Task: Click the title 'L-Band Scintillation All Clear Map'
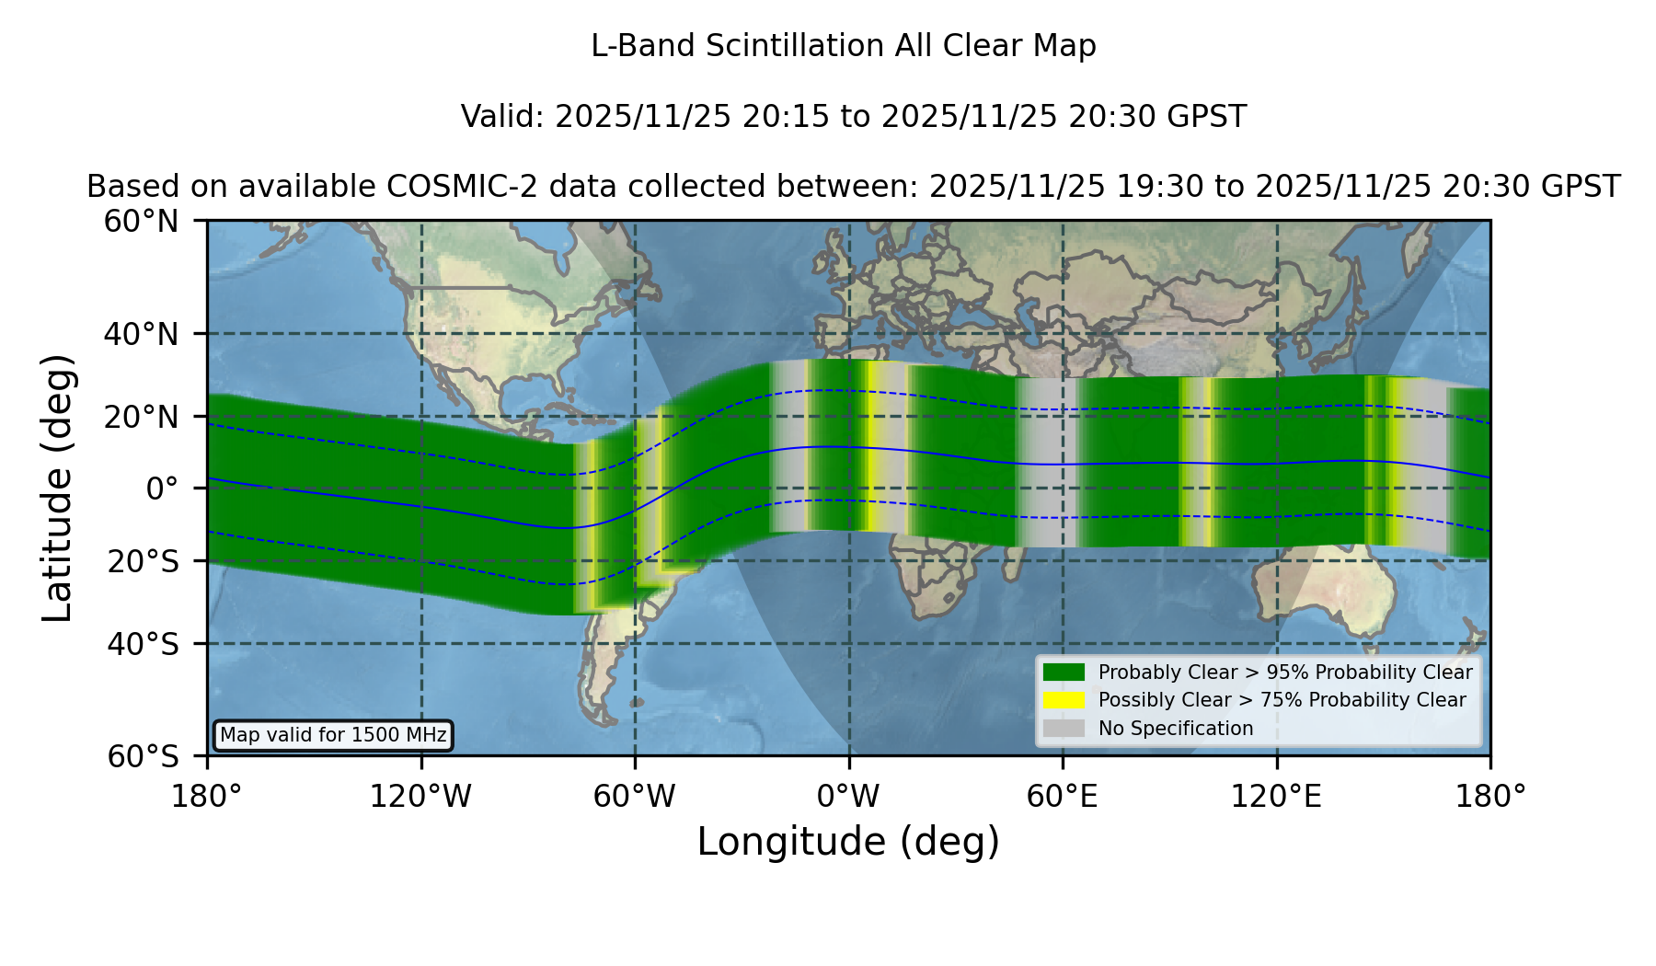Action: click(x=844, y=46)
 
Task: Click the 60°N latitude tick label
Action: click(x=142, y=221)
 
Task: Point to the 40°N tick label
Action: click(x=142, y=334)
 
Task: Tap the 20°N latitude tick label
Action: click(x=142, y=417)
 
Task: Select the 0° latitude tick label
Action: click(x=162, y=489)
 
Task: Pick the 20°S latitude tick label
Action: click(x=144, y=561)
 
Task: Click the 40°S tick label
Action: click(x=144, y=644)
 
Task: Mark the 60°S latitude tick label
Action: click(x=144, y=757)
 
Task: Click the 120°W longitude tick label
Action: click(x=420, y=797)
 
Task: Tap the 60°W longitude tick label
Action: click(x=635, y=797)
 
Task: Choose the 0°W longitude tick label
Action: click(x=849, y=797)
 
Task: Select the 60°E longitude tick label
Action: click(x=1063, y=797)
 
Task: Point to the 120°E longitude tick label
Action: click(x=1277, y=797)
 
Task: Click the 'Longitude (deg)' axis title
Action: click(x=848, y=842)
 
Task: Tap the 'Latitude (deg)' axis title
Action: click(x=57, y=488)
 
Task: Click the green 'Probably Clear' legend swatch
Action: click(x=1064, y=673)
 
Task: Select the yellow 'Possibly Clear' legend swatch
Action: click(x=1064, y=700)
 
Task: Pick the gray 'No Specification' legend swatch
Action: click(x=1064, y=729)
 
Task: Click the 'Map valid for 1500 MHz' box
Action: click(x=333, y=735)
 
